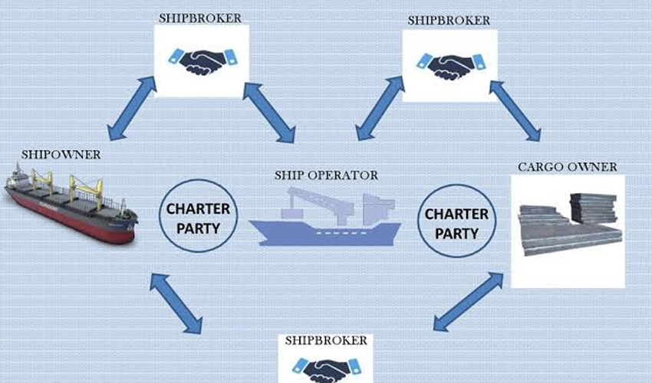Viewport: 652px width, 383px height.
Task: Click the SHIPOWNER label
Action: pos(62,155)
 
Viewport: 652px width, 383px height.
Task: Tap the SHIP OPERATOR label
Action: pos(326,175)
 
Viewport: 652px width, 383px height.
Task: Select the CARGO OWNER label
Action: pos(567,166)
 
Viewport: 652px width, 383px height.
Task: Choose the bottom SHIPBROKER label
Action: pos(326,339)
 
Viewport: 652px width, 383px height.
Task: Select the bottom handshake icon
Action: pos(326,370)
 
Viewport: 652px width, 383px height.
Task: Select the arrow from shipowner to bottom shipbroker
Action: pos(177,303)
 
